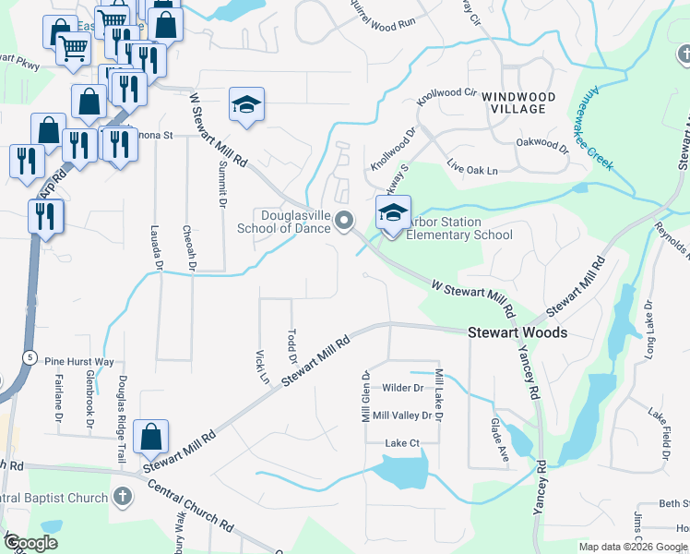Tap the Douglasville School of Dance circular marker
pos(345,220)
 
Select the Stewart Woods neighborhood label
pos(517,332)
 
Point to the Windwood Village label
pos(518,102)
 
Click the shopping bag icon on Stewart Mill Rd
pos(150,438)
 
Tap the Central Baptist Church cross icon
pos(121,498)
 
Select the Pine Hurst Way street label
pos(79,363)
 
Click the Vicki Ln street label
pos(261,366)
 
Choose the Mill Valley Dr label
pos(402,415)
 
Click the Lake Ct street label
pos(402,443)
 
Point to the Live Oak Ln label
pos(471,171)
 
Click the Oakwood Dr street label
pos(543,144)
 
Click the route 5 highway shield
pos(30,357)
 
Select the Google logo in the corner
pos(30,542)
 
